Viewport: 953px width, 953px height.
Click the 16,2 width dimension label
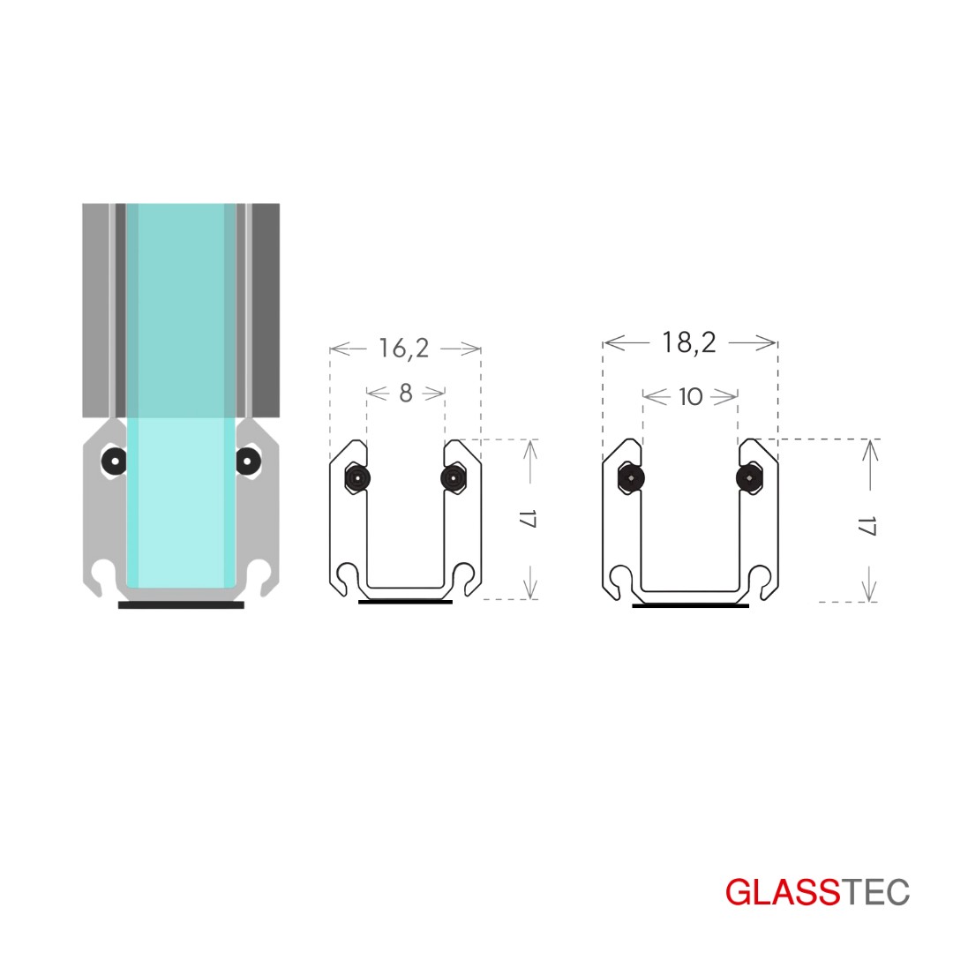[404, 349]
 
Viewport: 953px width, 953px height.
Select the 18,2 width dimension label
[688, 343]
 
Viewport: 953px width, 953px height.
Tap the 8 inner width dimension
[406, 394]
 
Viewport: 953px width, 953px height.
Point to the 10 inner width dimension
[690, 397]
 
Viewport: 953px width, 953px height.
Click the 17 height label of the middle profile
[528, 520]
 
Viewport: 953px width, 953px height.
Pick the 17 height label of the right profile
[867, 526]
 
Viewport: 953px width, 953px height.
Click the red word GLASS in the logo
[782, 892]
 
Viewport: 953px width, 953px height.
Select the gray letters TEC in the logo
[874, 892]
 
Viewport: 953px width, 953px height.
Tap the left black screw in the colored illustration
[114, 461]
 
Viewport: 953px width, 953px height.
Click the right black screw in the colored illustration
[247, 461]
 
